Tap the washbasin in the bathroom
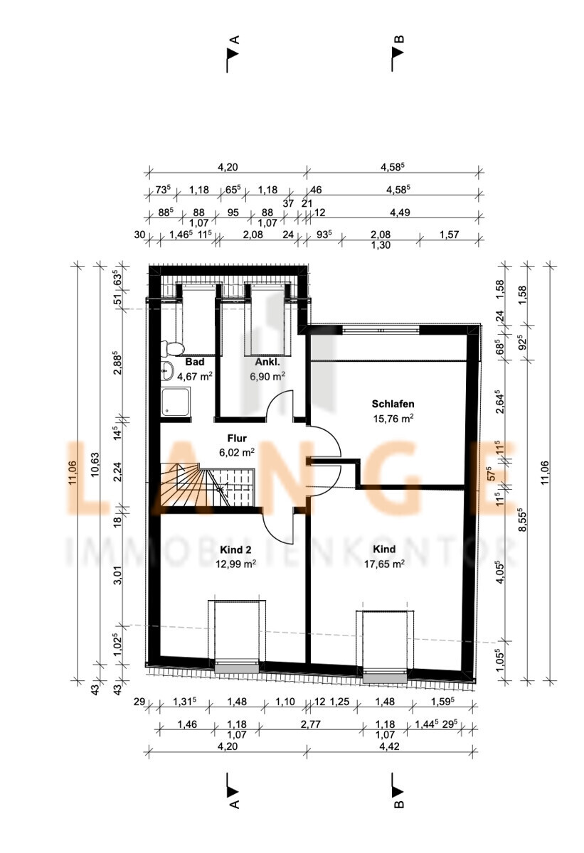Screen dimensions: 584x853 [166, 371]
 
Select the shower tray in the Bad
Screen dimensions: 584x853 [175, 402]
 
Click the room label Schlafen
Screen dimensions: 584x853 [393, 404]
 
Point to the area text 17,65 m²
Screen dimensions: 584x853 [384, 564]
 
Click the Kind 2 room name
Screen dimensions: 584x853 [235, 550]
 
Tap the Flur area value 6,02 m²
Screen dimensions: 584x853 [237, 452]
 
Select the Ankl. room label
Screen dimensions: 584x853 [267, 362]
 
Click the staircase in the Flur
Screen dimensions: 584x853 [206, 484]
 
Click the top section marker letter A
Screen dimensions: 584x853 [235, 40]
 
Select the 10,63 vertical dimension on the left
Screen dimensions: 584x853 [95, 464]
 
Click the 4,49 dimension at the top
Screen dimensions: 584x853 [400, 213]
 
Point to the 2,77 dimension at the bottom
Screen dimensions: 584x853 [310, 724]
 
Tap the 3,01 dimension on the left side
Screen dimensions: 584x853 [119, 575]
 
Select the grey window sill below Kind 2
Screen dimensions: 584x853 [237, 668]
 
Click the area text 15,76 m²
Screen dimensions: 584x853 [393, 419]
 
